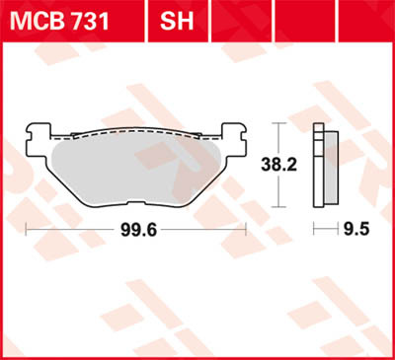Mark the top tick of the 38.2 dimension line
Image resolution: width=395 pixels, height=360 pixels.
279,123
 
